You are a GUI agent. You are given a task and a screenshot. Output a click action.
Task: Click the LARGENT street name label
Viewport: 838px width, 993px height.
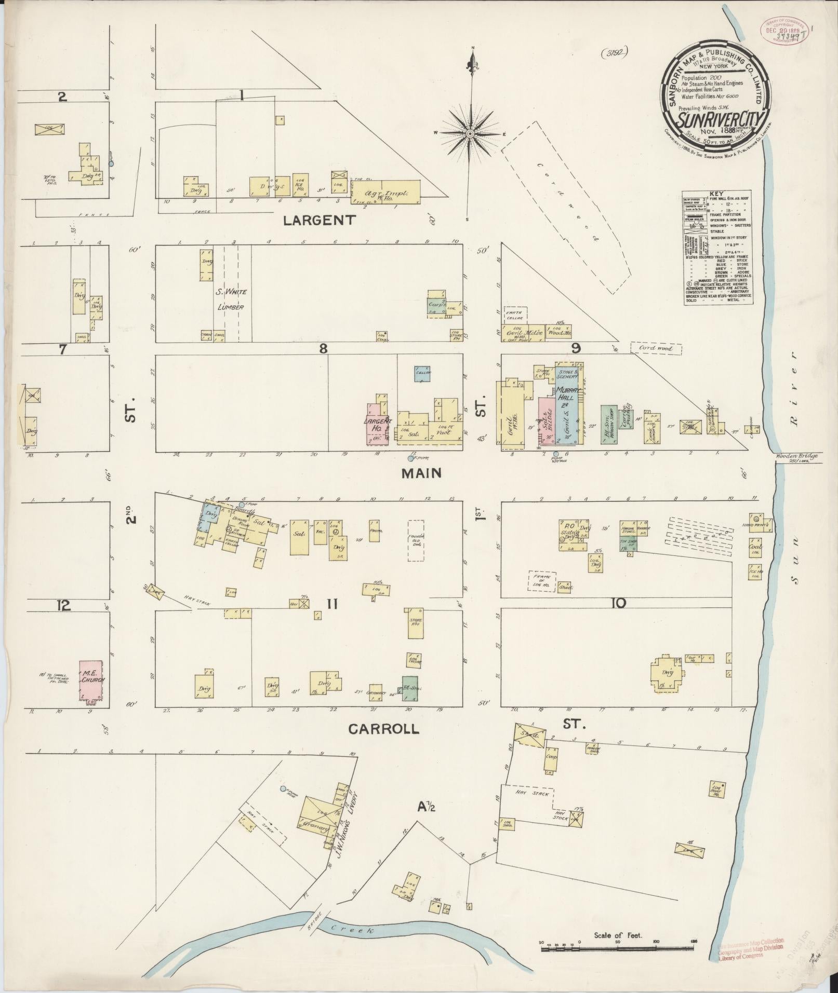tap(319, 220)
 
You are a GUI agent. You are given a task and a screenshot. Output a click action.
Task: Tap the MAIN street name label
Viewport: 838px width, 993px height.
tap(421, 473)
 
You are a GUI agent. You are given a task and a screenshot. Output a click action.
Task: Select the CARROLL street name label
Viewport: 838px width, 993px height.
tap(383, 729)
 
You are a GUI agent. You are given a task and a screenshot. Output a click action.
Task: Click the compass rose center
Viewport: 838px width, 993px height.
tap(470, 133)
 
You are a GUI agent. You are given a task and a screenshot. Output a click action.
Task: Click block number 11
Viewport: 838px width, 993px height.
tap(332, 603)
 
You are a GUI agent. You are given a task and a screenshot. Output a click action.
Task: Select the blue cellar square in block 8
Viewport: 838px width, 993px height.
tap(422, 373)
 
